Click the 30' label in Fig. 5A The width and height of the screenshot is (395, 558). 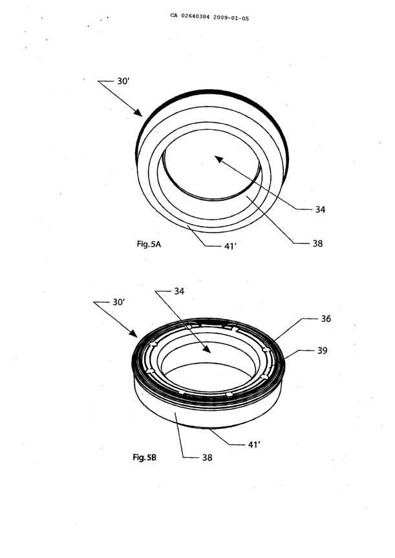(123, 81)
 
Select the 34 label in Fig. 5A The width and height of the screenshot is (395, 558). (320, 210)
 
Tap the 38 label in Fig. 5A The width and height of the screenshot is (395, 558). (317, 243)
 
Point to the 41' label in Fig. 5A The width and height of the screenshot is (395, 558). (230, 246)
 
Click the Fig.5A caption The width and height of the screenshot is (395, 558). (149, 244)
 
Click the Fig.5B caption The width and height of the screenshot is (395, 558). (145, 457)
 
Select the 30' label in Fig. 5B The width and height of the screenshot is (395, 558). (119, 302)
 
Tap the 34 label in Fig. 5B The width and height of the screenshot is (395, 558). (179, 291)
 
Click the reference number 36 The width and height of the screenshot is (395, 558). (326, 319)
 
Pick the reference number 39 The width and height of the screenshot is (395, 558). (323, 351)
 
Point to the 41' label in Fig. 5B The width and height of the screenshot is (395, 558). (254, 445)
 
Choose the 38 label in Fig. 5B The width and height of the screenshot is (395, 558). (208, 458)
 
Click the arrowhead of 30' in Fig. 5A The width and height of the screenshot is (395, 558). (139, 113)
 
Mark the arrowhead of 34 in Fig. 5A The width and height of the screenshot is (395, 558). (218, 159)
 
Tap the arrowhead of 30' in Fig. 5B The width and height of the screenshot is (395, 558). (134, 334)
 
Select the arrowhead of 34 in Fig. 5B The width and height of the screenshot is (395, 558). (208, 349)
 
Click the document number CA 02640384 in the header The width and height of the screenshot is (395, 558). (190, 16)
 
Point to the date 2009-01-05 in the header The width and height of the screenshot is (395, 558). (231, 18)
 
